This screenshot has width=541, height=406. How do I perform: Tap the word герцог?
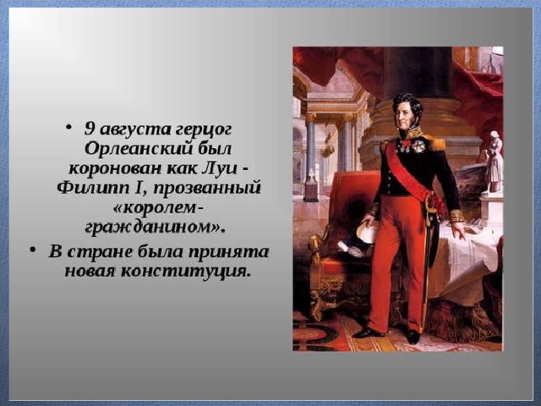coord(204,130)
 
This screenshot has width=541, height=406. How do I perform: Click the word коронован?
coord(114,169)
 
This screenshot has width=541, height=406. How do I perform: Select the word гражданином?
coord(151,228)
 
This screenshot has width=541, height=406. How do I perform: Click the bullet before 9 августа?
coord(69,128)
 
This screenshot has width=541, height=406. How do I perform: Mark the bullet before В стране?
coord(33,250)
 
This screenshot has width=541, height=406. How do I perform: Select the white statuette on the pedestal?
coord(495,162)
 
